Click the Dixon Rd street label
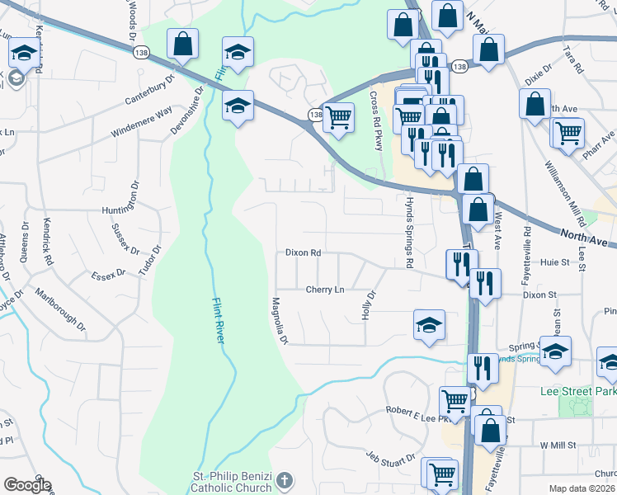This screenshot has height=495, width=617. point(303,253)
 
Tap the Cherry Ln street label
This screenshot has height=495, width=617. point(324,290)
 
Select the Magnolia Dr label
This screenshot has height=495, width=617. point(280,321)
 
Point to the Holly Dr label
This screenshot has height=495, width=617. point(368,305)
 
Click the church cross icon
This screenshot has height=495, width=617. point(285,480)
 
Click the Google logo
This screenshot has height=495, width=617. point(26,485)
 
